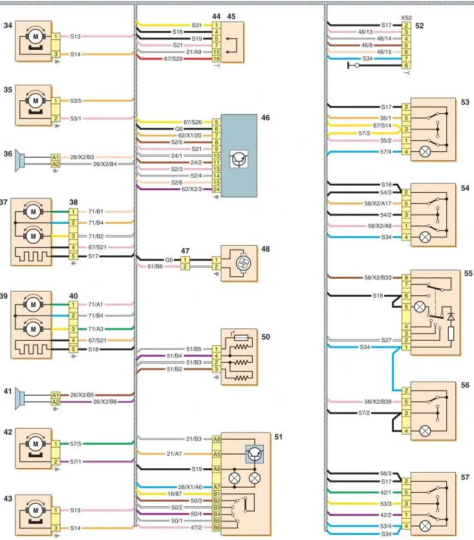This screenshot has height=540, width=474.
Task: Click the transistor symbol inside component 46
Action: pyautogui.click(x=239, y=158)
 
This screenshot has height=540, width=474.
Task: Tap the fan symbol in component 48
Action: pyautogui.click(x=243, y=264)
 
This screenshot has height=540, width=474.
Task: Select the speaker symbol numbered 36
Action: pyautogui.click(x=19, y=161)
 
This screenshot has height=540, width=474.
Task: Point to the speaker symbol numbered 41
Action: pyautogui.click(x=19, y=399)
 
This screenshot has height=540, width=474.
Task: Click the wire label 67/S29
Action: pyautogui.click(x=173, y=59)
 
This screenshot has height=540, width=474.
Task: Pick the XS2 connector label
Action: pyautogui.click(x=407, y=18)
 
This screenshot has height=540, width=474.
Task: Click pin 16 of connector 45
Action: pyautogui.click(x=217, y=59)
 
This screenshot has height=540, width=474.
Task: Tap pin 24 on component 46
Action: pyautogui.click(x=217, y=189)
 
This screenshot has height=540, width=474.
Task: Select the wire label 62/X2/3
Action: pyautogui.click(x=192, y=189)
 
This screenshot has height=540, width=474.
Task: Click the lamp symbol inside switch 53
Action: pyautogui.click(x=425, y=151)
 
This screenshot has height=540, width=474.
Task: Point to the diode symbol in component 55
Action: pyautogui.click(x=451, y=316)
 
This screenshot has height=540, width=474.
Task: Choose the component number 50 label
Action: pyautogui.click(x=266, y=337)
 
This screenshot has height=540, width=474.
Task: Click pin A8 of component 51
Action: pyautogui.click(x=217, y=439)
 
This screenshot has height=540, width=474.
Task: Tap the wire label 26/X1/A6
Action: pyautogui.click(x=190, y=487)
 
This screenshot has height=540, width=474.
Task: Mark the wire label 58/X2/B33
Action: pyautogui.click(x=378, y=277)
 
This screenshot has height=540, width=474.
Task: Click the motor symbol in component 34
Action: pyautogui.click(x=35, y=36)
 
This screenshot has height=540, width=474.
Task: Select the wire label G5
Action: pyautogui.click(x=169, y=260)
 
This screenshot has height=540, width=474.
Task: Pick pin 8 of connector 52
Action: pyautogui.click(x=406, y=65)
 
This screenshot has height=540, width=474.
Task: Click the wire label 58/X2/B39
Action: pyautogui.click(x=378, y=402)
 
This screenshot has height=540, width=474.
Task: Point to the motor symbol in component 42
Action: pyautogui.click(x=35, y=444)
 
